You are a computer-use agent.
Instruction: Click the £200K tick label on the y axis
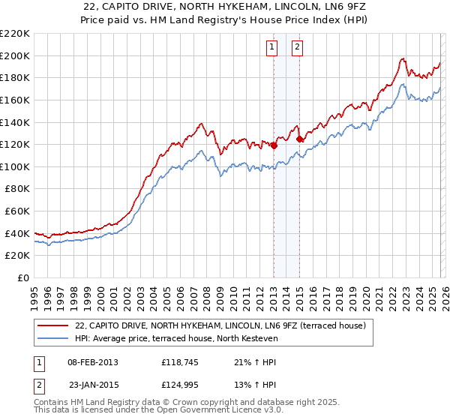[x=14, y=55]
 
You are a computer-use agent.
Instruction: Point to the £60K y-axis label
[x=16, y=211]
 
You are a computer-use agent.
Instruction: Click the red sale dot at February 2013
[x=274, y=145]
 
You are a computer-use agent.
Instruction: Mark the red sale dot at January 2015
[x=300, y=139]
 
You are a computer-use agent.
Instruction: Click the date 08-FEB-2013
[x=92, y=362]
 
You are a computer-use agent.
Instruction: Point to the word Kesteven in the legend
[x=259, y=339]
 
